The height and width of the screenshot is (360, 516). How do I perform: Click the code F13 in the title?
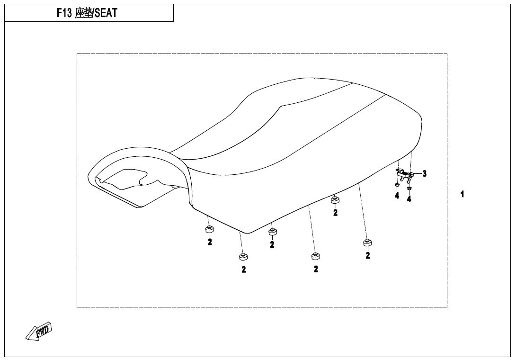click(64, 13)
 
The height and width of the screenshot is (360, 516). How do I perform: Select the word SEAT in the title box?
click(106, 13)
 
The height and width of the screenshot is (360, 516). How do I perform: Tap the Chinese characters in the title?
click(84, 13)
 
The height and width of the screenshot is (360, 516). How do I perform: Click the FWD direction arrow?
click(39, 330)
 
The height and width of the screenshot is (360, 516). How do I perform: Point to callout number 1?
click(462, 194)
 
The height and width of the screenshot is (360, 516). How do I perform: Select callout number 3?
click(425, 173)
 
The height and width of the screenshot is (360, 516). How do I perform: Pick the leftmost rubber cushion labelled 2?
click(209, 229)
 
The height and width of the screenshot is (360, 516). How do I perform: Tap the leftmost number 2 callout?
click(210, 242)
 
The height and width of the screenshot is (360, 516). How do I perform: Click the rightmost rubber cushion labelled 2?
click(367, 243)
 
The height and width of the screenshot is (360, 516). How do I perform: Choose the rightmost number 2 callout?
click(367, 255)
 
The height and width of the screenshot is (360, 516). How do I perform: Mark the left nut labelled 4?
click(397, 185)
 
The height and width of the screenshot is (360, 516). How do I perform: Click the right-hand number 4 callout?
click(409, 199)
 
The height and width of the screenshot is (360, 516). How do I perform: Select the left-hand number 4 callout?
click(397, 196)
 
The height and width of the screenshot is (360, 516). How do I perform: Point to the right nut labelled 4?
click(409, 189)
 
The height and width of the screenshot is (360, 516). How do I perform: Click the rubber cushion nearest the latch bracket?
click(335, 199)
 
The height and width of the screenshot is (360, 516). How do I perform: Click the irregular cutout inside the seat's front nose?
click(127, 179)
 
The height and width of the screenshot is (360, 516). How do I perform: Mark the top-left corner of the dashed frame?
click(77, 54)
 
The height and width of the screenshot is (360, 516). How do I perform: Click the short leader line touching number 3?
click(417, 173)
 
